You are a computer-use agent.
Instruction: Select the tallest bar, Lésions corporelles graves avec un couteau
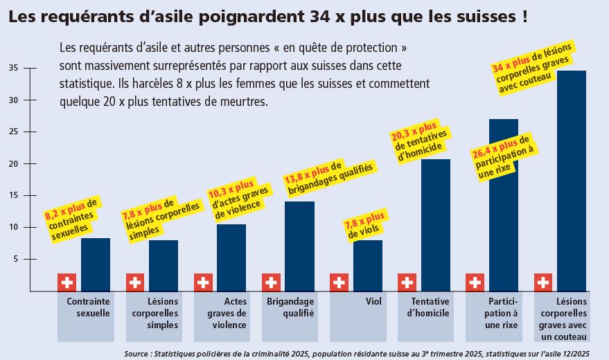click(572, 180)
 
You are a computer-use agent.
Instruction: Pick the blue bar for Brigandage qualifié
click(299, 246)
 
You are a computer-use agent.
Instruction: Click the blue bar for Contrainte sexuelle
click(95, 264)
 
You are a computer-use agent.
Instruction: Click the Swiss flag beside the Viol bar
click(339, 282)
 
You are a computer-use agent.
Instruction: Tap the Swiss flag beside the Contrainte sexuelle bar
click(67, 282)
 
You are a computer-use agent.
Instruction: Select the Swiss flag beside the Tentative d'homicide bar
click(407, 282)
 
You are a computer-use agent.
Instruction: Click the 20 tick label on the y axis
click(14, 163)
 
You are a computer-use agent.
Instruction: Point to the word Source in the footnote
click(139, 352)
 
